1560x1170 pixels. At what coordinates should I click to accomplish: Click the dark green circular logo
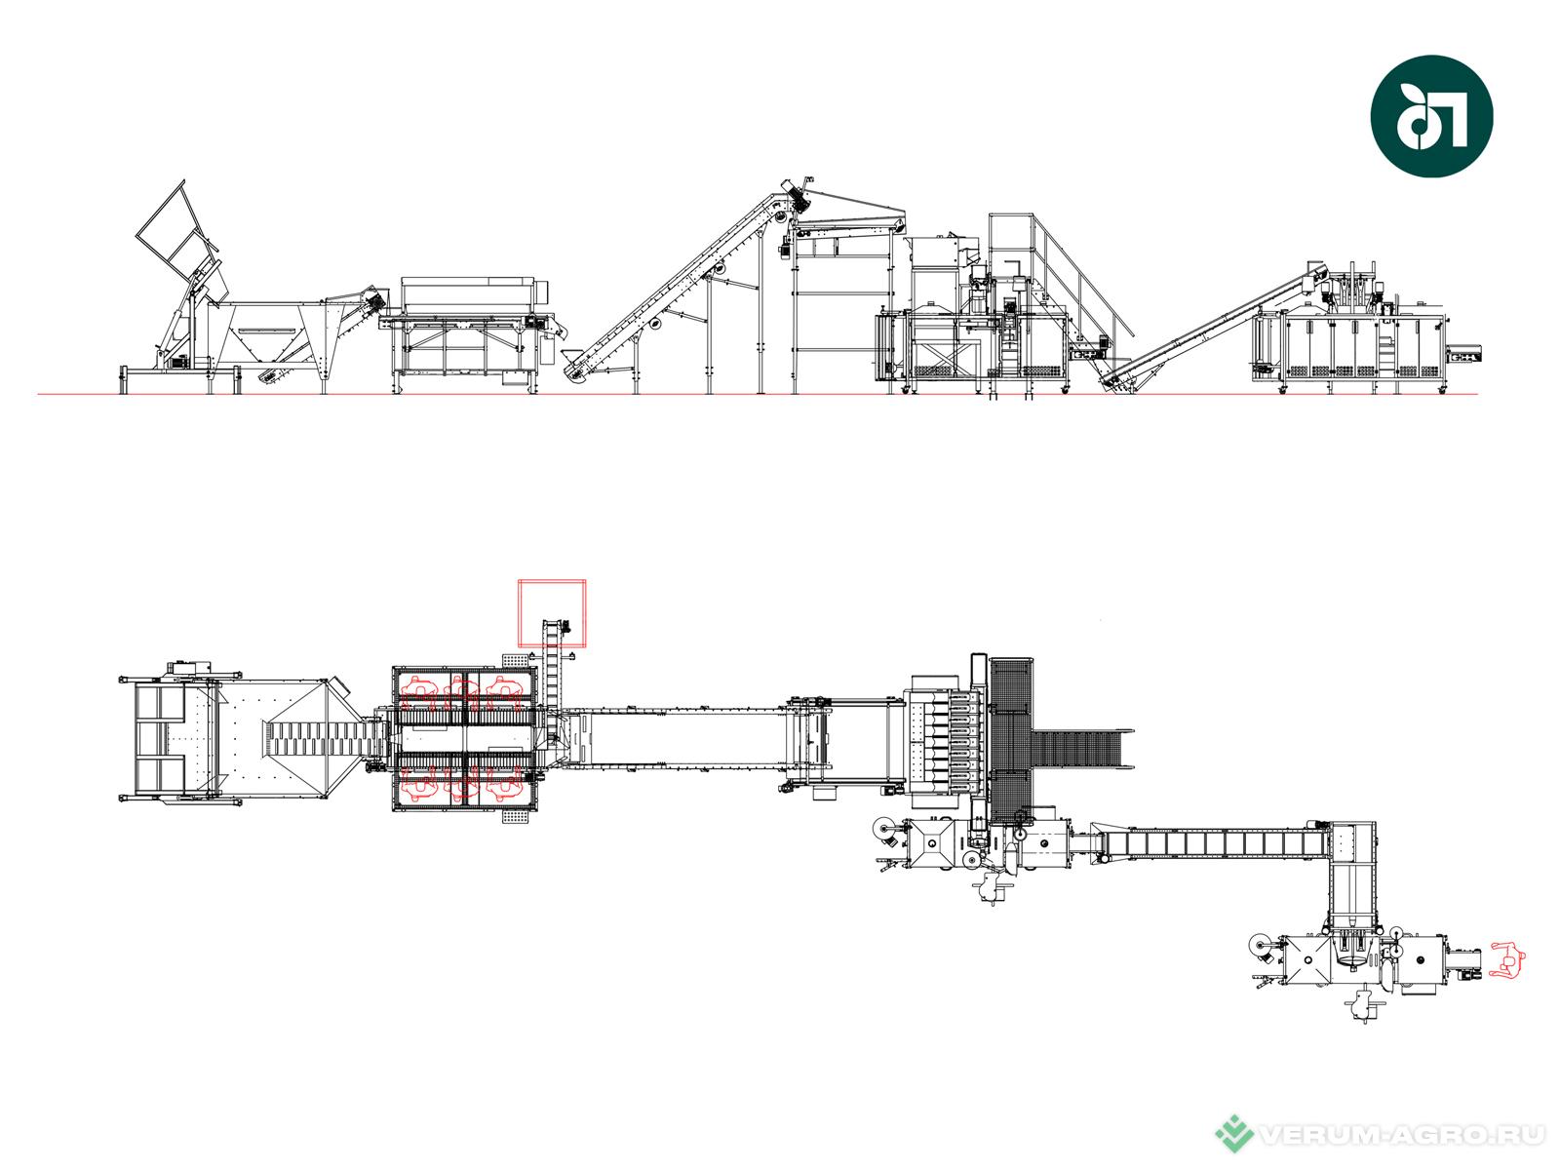[1430, 116]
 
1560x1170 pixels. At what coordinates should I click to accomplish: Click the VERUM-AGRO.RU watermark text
[1401, 1135]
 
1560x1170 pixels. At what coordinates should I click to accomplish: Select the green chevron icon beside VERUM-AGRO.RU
[1234, 1133]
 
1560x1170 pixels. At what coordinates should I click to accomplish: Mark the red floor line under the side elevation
[758, 394]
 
